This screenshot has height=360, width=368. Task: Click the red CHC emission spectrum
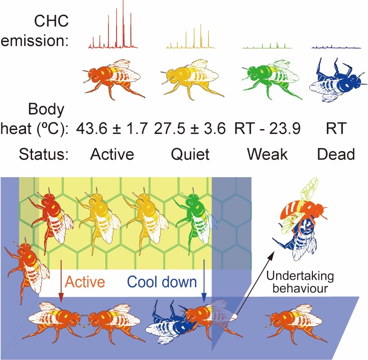coord(112,30)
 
